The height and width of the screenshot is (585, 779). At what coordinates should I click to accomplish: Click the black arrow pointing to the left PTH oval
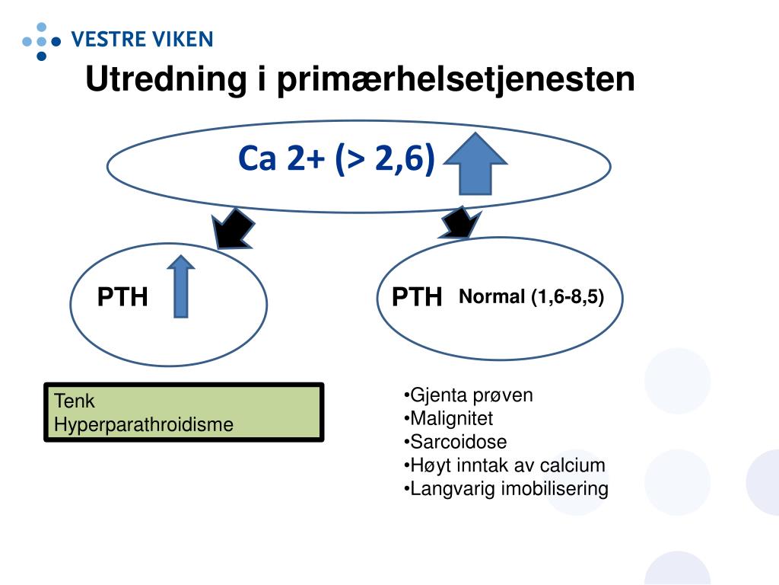pyautogui.click(x=234, y=226)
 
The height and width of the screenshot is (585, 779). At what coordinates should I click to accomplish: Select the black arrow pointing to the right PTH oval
pyautogui.click(x=460, y=222)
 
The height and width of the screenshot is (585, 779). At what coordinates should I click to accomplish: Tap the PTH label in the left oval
pyautogui.click(x=122, y=297)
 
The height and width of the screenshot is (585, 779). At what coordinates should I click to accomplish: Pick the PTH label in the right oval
pyautogui.click(x=417, y=297)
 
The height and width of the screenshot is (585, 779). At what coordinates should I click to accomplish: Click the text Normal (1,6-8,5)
pyautogui.click(x=531, y=297)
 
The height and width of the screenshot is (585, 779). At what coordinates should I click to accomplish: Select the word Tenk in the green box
pyautogui.click(x=74, y=401)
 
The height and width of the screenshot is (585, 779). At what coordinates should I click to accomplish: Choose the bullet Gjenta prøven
pyautogui.click(x=469, y=395)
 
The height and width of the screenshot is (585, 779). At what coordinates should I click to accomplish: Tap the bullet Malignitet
pyautogui.click(x=449, y=418)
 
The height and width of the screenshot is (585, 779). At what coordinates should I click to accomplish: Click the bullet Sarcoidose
pyautogui.click(x=456, y=442)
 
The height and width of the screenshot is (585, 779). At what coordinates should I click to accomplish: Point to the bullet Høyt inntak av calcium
pyautogui.click(x=504, y=465)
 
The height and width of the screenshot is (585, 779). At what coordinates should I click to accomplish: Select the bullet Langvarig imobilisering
pyautogui.click(x=506, y=489)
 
